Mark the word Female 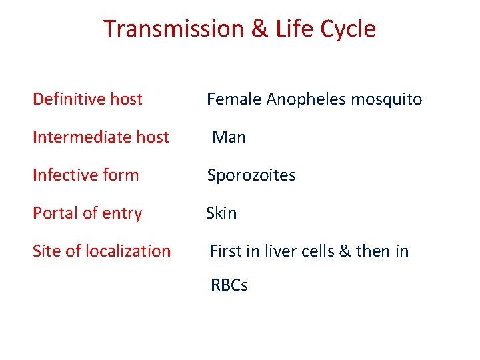click(234, 99)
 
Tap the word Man click(229, 137)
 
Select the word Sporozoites click(251, 175)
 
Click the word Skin click(221, 213)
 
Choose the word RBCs click(229, 285)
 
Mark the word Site click(46, 251)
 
